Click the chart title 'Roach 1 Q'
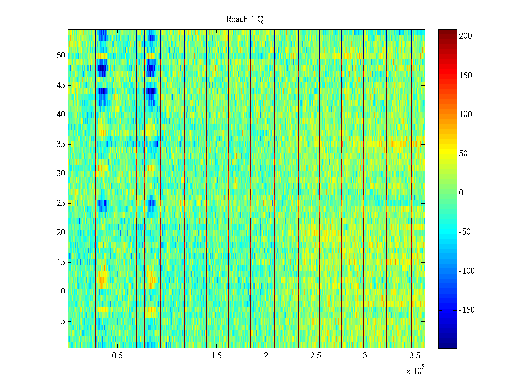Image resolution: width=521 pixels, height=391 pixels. click(245, 19)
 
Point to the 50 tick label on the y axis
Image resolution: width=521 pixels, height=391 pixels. click(61, 55)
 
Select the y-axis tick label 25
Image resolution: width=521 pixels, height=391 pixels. click(61, 203)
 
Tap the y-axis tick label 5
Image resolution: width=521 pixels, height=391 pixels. click(63, 321)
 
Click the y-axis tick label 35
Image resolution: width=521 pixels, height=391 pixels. click(61, 144)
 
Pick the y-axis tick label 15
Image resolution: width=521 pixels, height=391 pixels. click(61, 262)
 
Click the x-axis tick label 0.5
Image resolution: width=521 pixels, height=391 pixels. click(117, 355)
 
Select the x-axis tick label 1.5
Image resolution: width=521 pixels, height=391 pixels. click(216, 355)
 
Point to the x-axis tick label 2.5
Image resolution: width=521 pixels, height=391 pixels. click(315, 355)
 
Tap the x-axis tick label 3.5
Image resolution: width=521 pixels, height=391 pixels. click(415, 355)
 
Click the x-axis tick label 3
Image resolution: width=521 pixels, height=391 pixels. click(365, 355)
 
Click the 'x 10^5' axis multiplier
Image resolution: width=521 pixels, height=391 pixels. click(415, 370)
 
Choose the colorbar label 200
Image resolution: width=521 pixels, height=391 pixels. click(465, 36)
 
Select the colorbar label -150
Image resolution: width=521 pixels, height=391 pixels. click(467, 310)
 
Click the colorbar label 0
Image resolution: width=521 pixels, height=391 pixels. click(461, 193)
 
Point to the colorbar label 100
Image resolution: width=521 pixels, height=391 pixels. click(465, 114)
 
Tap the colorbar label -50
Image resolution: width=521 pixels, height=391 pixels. click(465, 232)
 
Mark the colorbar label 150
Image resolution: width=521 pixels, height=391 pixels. click(465, 75)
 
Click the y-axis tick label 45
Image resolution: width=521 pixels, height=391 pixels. click(61, 85)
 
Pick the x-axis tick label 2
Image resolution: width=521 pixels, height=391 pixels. click(266, 355)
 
